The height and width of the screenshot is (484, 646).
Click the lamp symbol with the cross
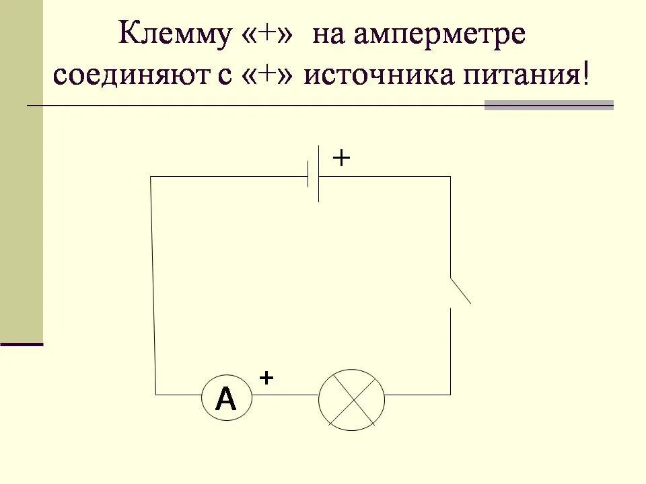[x=351, y=399]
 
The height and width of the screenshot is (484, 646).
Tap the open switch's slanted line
[x=460, y=290]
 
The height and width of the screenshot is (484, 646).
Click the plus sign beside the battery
[x=342, y=158]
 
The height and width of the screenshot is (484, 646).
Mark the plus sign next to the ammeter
[x=266, y=378]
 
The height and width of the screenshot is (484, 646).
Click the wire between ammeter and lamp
[x=285, y=395]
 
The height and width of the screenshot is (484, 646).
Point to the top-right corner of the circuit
[x=450, y=177]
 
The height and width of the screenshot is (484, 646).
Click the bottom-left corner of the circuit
[x=156, y=394]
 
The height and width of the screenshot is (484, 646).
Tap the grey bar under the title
[x=548, y=106]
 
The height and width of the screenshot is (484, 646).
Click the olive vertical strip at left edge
[x=21, y=168]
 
